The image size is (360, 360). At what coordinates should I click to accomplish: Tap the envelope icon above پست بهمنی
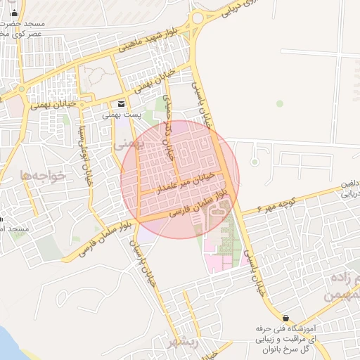[x=122, y=103]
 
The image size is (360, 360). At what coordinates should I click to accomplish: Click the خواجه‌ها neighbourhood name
[x=44, y=175]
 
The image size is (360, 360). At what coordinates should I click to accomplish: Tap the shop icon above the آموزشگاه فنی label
[x=285, y=317]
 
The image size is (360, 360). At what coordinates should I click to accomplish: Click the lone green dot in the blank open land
[x=280, y=104]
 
